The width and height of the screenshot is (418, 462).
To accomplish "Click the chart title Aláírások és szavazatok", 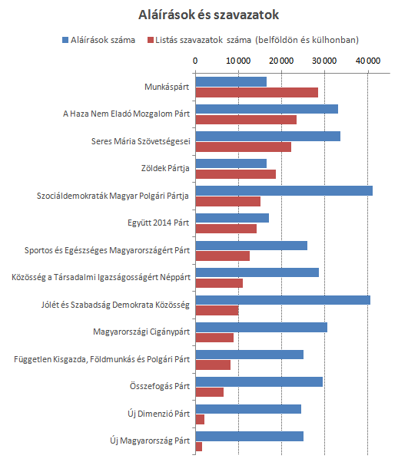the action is pyautogui.click(x=208, y=15).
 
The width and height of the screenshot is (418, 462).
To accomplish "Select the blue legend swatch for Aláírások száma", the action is pyautogui.click(x=65, y=40).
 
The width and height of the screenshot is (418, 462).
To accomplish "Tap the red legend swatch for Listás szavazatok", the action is pyautogui.click(x=151, y=40).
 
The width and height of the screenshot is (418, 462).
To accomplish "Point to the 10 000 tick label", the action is pyautogui.click(x=238, y=61).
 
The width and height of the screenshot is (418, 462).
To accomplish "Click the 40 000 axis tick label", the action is pyautogui.click(x=368, y=61).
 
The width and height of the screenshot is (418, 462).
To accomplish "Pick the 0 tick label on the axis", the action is pyautogui.click(x=195, y=61).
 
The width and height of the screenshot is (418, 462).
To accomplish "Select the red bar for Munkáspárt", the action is pyautogui.click(x=257, y=93).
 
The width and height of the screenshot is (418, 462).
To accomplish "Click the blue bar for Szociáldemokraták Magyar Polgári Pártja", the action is pyautogui.click(x=284, y=190).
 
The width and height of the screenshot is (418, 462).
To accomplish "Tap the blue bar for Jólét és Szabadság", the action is pyautogui.click(x=283, y=300).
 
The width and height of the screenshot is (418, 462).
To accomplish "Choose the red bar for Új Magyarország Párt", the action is pyautogui.click(x=199, y=447).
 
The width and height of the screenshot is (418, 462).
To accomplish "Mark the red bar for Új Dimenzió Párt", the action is pyautogui.click(x=200, y=419).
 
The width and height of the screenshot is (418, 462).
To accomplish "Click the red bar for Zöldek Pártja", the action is pyautogui.click(x=236, y=174).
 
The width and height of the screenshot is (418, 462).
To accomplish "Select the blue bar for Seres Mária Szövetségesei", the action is pyautogui.click(x=268, y=136).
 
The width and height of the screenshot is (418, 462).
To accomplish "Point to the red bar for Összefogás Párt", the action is pyautogui.click(x=210, y=392).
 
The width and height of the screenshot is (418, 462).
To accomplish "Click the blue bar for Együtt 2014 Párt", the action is pyautogui.click(x=232, y=218).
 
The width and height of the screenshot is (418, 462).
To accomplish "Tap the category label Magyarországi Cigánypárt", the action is pyautogui.click(x=141, y=332).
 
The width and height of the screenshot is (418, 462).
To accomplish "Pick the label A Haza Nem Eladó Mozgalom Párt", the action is pyautogui.click(x=126, y=114).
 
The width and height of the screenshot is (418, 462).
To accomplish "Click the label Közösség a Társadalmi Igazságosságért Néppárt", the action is pyautogui.click(x=101, y=278).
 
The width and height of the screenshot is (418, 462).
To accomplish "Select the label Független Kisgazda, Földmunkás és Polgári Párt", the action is pyautogui.click(x=101, y=359).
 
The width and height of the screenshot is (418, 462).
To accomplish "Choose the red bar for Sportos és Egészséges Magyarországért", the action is pyautogui.click(x=222, y=256).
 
